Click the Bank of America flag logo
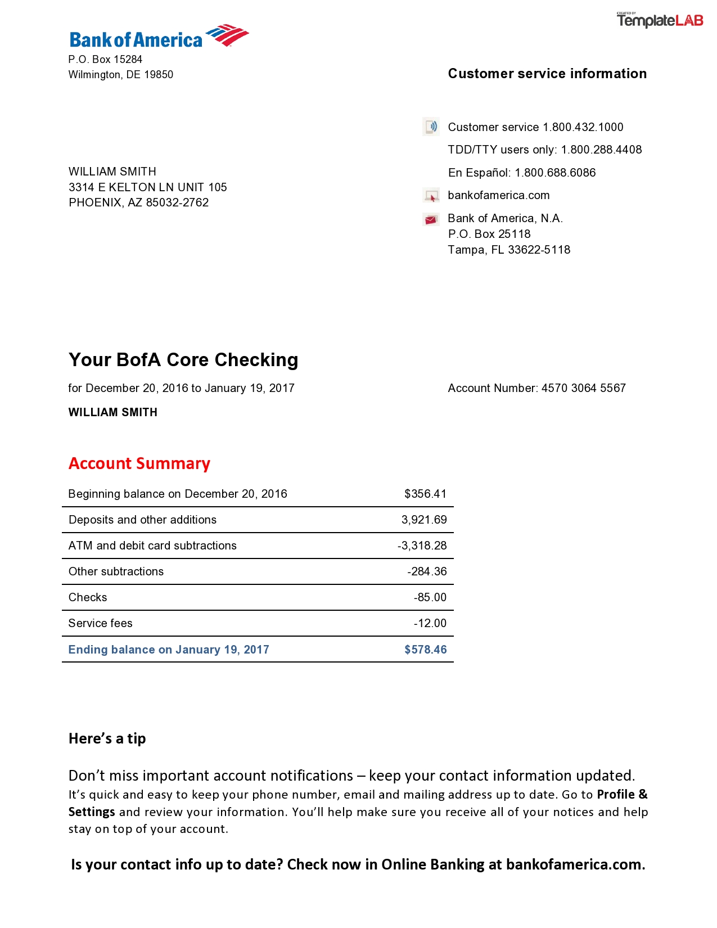click(228, 35)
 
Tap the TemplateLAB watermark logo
click(660, 20)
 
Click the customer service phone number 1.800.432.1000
click(583, 127)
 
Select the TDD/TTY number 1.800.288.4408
click(601, 150)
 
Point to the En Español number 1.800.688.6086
click(555, 173)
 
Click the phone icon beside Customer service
click(431, 127)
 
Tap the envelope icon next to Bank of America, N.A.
click(431, 219)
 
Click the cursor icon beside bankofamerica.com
click(431, 196)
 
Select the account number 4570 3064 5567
click(583, 388)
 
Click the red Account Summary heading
click(139, 463)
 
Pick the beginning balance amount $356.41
click(425, 494)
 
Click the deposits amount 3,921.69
click(424, 520)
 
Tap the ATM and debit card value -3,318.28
click(422, 546)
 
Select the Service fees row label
click(100, 623)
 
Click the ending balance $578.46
click(425, 650)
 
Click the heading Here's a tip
click(107, 738)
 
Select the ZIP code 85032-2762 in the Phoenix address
click(177, 202)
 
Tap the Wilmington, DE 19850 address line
click(120, 75)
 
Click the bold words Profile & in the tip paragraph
click(622, 795)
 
